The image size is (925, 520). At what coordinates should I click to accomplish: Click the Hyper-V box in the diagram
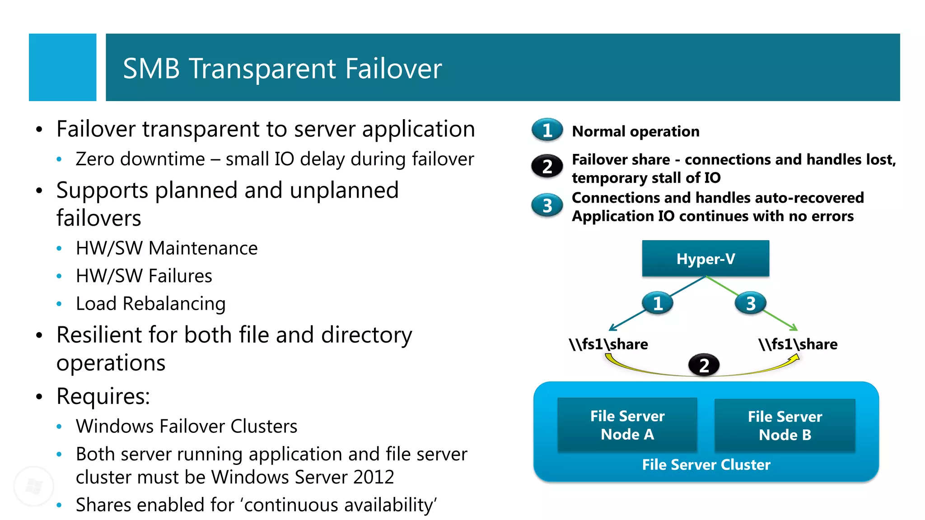(705, 259)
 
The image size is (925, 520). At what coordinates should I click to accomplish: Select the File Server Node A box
(627, 425)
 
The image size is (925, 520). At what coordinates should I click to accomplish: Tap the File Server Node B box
(785, 425)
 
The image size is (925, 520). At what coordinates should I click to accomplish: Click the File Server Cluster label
(706, 464)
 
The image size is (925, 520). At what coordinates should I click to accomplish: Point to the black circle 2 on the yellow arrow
(704, 365)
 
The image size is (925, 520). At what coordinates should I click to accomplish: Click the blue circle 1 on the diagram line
(658, 303)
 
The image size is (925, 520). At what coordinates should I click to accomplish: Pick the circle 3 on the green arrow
(750, 303)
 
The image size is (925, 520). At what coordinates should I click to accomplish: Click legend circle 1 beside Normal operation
(547, 130)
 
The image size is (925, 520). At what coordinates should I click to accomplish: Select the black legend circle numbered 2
(547, 167)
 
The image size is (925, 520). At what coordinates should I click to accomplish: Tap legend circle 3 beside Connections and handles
(547, 205)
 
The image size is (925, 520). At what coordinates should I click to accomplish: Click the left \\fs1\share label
(608, 344)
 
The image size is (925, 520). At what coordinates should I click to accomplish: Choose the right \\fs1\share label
(798, 344)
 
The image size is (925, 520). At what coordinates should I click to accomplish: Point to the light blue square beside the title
(62, 67)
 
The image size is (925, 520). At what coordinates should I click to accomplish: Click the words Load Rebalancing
(150, 303)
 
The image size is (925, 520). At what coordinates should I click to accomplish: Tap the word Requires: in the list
(103, 396)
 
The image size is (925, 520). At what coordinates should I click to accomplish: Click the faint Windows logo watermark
(34, 486)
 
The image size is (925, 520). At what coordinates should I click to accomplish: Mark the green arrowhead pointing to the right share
(794, 328)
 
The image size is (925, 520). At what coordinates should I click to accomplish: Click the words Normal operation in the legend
(635, 131)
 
